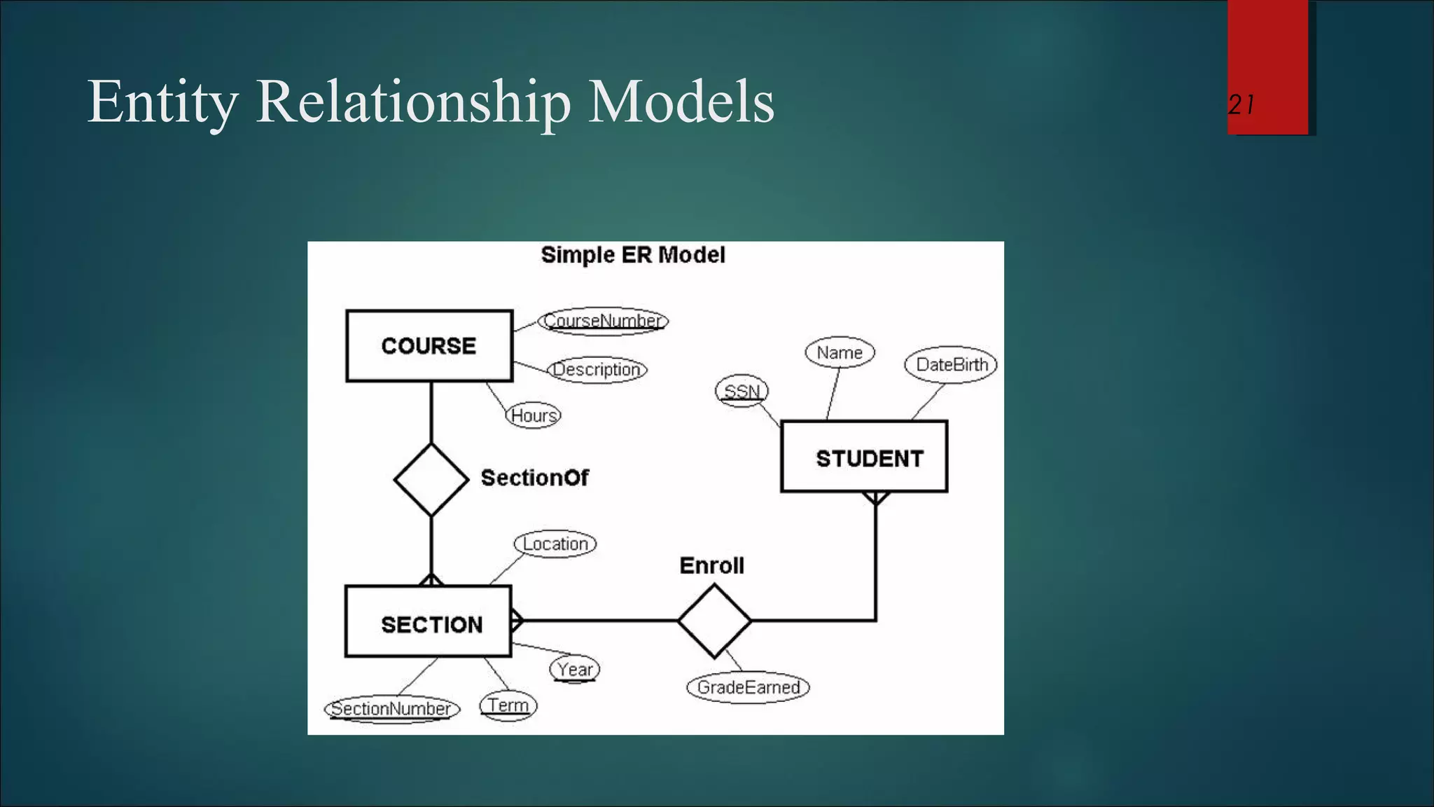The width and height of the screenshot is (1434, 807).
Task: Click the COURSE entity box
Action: [x=429, y=346]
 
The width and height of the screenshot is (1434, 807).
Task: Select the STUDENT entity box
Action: [x=864, y=457]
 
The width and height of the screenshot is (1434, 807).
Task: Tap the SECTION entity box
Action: [x=429, y=621]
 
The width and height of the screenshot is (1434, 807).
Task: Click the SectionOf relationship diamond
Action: [x=431, y=480]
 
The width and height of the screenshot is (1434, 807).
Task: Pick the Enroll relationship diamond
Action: [x=714, y=621]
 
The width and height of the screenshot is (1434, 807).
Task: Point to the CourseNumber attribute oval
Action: [x=603, y=321]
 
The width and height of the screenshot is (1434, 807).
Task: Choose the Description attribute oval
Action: [x=597, y=369]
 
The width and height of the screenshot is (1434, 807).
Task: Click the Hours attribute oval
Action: [x=534, y=415]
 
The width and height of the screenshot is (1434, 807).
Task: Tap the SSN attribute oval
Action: [x=742, y=391]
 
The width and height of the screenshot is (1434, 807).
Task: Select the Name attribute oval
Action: [x=840, y=352]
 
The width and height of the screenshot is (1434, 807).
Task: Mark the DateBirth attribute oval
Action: [x=951, y=364]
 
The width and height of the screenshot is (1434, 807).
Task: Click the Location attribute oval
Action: [x=555, y=544]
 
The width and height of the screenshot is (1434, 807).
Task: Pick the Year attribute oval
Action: [x=575, y=669]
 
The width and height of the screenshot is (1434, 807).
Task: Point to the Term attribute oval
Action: [x=508, y=705]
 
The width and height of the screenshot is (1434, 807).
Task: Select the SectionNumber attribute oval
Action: [x=392, y=708]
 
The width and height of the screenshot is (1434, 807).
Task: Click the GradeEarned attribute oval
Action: [x=748, y=687]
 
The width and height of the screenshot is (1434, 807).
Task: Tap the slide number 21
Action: [x=1241, y=105]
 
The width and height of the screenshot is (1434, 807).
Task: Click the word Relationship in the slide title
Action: [x=413, y=102]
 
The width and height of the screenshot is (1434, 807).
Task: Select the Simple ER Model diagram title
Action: [x=633, y=255]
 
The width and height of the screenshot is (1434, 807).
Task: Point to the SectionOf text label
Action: [x=534, y=478]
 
